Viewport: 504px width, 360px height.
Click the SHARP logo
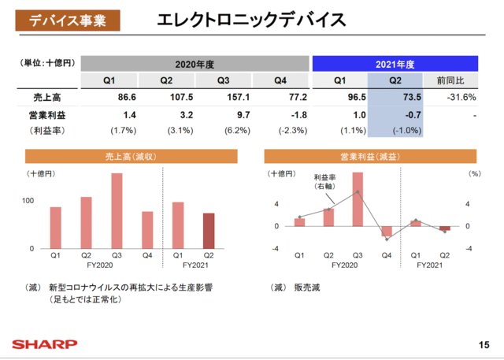click(43, 344)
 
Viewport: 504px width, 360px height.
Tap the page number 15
click(483, 345)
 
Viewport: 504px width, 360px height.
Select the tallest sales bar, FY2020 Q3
click(117, 211)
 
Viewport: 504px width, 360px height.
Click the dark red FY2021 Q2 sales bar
click(208, 230)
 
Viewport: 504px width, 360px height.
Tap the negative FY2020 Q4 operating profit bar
click(387, 232)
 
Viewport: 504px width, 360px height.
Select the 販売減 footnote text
click(304, 288)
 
